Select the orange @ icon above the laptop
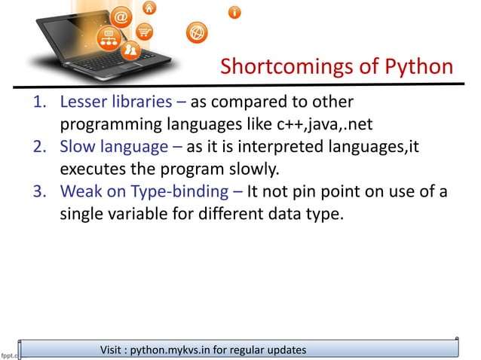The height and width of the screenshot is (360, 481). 124,16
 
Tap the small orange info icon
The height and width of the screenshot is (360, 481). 236,12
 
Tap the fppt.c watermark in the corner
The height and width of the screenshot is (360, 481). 9,351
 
